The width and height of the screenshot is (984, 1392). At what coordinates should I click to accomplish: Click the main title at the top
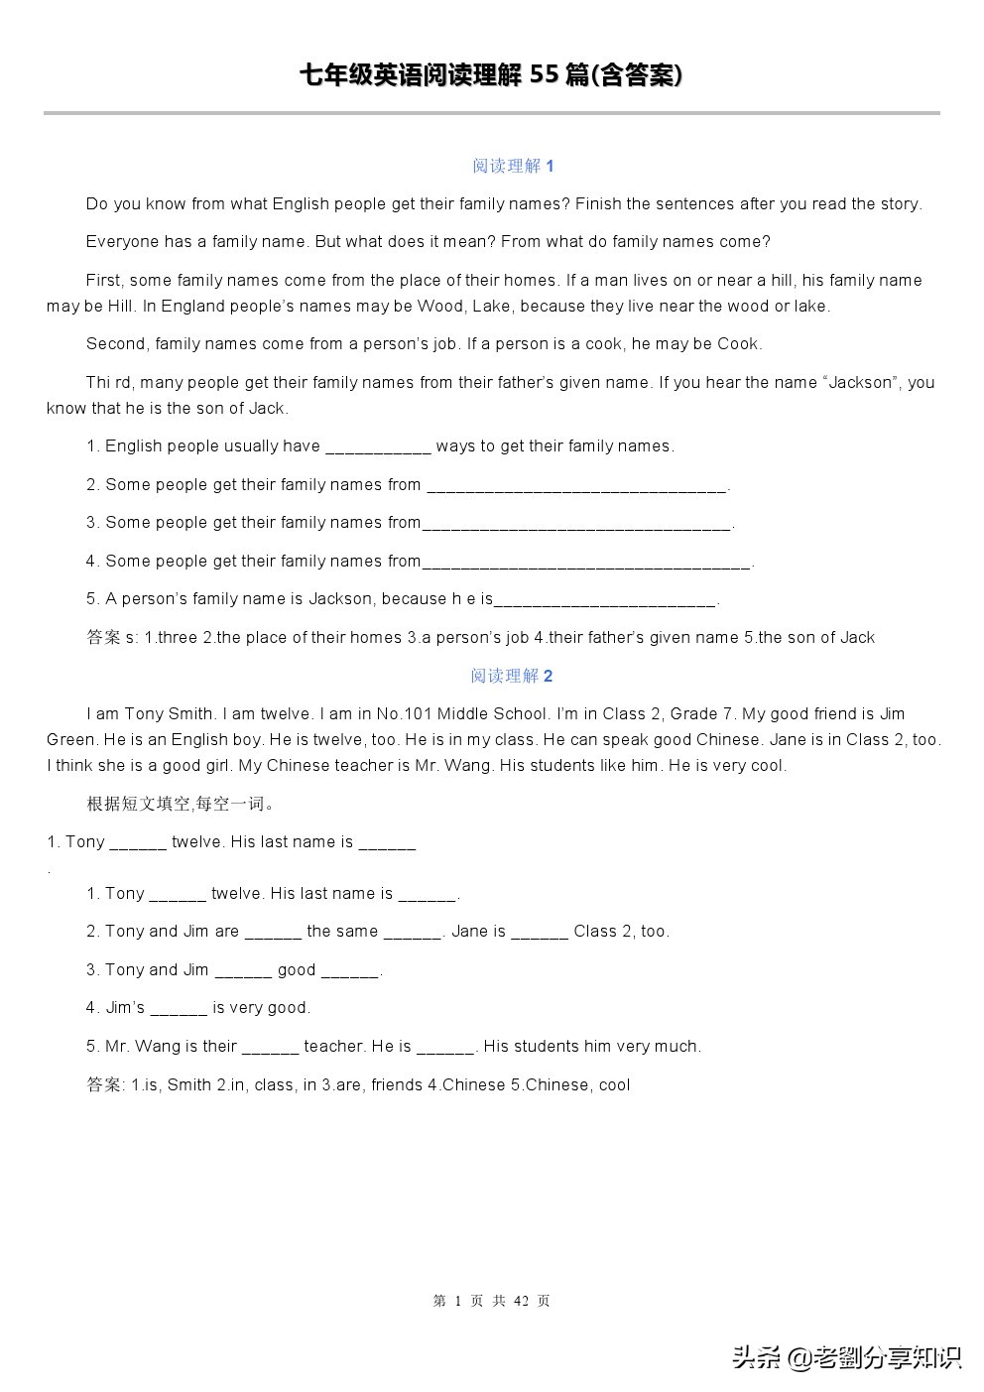[491, 75]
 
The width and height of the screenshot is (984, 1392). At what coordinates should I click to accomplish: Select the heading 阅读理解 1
[513, 166]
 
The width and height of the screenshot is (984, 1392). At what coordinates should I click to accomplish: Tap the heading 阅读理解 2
[512, 676]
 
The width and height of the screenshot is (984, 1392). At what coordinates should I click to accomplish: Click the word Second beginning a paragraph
[115, 344]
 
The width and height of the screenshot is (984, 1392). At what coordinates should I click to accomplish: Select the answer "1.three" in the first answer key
[171, 637]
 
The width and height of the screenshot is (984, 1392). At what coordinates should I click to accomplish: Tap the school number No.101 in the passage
[404, 713]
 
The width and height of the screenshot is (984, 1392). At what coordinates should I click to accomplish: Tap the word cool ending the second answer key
[614, 1084]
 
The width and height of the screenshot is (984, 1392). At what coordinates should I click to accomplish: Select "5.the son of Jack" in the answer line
[809, 637]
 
